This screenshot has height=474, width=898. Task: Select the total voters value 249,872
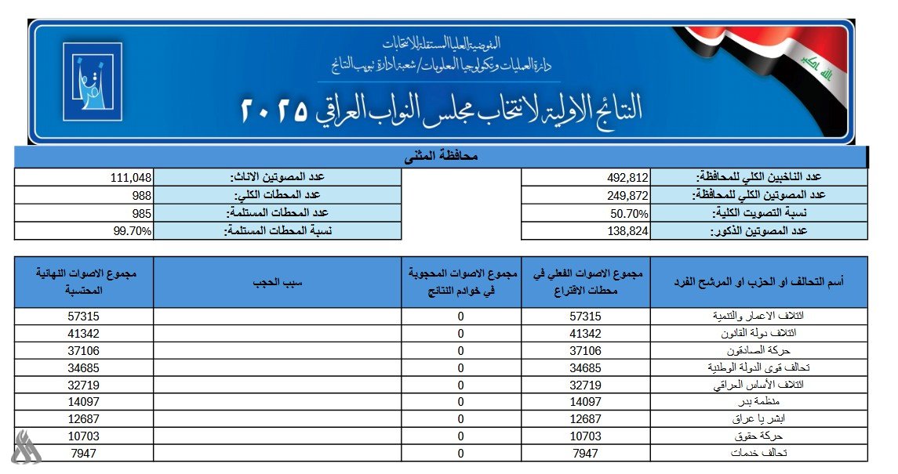(x=627, y=195)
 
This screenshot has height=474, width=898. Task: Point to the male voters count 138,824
(x=627, y=231)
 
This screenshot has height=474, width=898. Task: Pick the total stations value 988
(x=141, y=195)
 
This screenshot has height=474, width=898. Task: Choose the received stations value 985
(x=141, y=213)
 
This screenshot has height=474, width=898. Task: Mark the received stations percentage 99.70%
(x=133, y=231)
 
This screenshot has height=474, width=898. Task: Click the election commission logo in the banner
(x=93, y=81)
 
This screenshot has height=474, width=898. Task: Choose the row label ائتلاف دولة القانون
(x=751, y=333)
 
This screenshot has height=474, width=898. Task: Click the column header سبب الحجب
(x=278, y=282)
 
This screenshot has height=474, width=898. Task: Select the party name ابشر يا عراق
(x=761, y=419)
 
